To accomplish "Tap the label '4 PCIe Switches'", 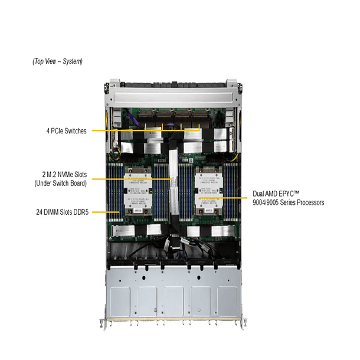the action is point(66,130).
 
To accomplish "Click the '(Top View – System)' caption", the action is point(57,61).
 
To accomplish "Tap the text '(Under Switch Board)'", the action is point(61,184).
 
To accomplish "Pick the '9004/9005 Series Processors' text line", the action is point(288,203).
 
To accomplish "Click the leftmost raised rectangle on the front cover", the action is point(121,301).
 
